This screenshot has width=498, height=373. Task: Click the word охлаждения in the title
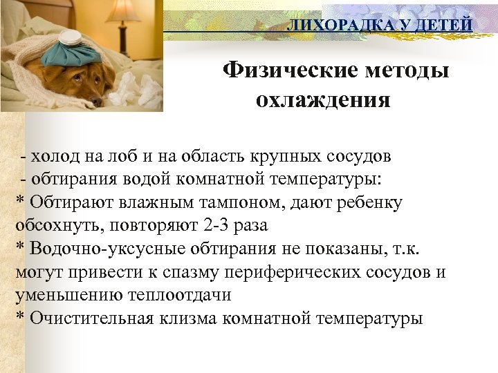point(323,101)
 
